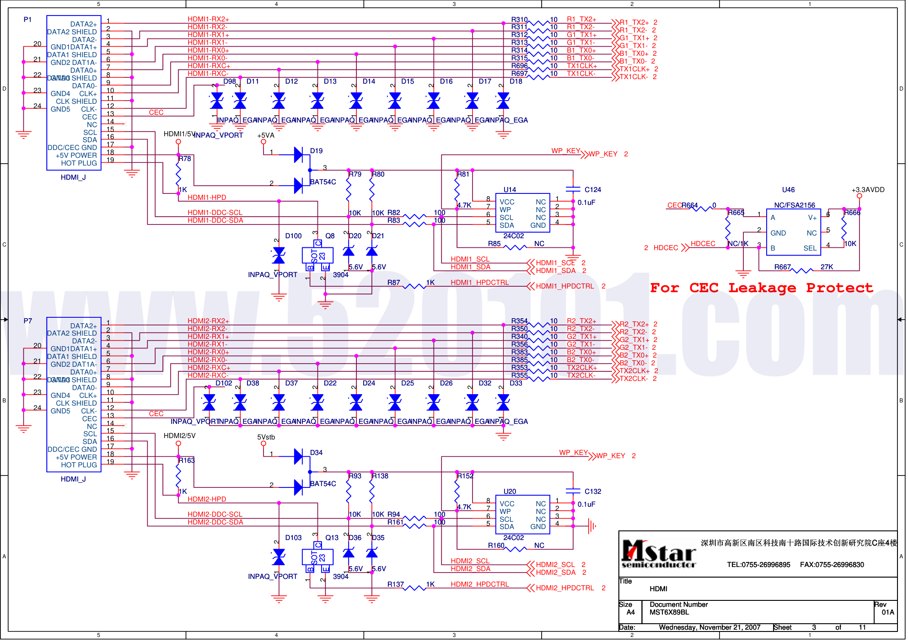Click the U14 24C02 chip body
point(522,213)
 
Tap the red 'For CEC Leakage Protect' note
point(762,288)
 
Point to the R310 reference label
point(519,20)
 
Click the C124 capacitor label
point(593,190)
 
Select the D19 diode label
point(316,151)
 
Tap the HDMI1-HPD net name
point(207,198)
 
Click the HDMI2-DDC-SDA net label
point(215,522)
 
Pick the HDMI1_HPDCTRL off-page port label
point(565,286)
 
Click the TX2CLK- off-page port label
point(634,379)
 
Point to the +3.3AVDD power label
point(868,190)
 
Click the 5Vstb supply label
point(266,437)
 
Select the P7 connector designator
point(28,321)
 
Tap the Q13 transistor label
point(332,538)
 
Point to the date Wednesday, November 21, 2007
point(709,627)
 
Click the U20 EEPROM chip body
point(522,515)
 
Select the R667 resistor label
point(782,267)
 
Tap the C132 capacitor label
point(593,492)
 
